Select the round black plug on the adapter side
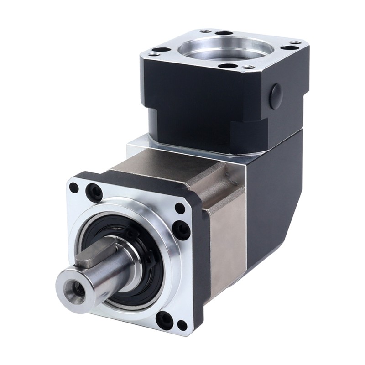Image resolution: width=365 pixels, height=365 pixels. (276, 96)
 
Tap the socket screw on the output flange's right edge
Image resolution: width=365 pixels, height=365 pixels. (182, 230)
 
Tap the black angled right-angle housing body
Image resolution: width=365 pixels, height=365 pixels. (274, 192)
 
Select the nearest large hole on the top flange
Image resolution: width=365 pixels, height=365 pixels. (228, 66)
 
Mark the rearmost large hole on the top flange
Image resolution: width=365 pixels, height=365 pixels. (224, 33)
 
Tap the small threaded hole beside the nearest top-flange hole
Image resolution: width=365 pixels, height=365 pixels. (249, 67)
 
